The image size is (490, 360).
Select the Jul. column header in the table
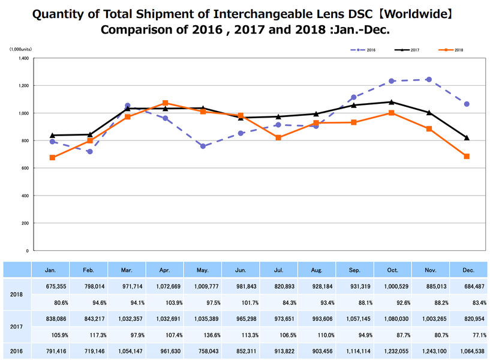(279, 271)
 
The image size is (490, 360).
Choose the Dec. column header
(468, 271)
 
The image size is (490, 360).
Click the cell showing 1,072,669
(165, 287)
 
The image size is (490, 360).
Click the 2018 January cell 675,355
(52, 287)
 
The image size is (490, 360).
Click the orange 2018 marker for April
(165, 103)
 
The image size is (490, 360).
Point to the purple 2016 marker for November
(429, 79)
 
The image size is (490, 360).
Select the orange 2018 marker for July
(279, 138)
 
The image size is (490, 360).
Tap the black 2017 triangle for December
(467, 137)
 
